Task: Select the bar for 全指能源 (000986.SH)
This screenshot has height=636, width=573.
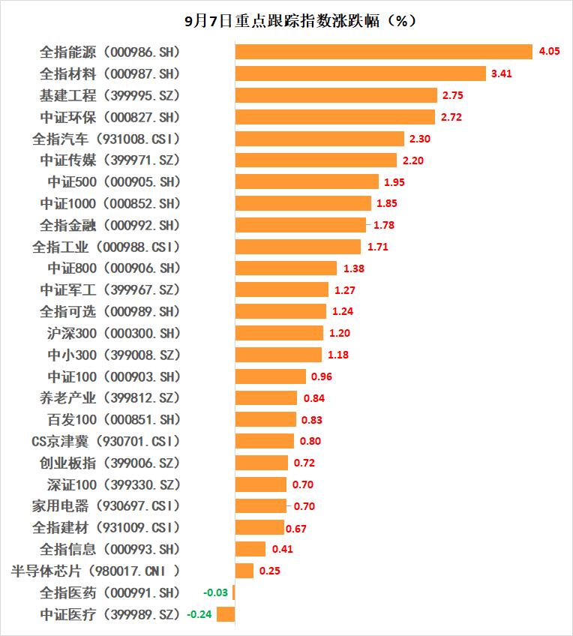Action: (383, 52)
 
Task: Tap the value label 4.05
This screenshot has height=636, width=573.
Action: (546, 52)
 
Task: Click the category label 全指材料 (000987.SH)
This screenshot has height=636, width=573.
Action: (110, 73)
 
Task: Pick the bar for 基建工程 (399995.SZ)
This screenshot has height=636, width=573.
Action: (336, 95)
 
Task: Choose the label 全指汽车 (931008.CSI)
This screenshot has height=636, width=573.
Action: (106, 139)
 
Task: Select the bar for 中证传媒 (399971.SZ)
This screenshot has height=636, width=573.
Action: (316, 160)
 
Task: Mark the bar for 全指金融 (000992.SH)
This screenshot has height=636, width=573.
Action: (301, 225)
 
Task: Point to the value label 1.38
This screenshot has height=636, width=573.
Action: (353, 268)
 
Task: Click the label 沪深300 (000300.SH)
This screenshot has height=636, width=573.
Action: (114, 332)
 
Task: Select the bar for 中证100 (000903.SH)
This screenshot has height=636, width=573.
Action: (271, 376)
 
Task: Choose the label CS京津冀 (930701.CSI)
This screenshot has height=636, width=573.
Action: (106, 441)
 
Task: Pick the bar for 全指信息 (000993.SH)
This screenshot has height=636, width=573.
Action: (250, 549)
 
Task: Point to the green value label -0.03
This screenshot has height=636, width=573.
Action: (217, 592)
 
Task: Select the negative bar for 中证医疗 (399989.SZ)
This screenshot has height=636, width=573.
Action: (226, 614)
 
